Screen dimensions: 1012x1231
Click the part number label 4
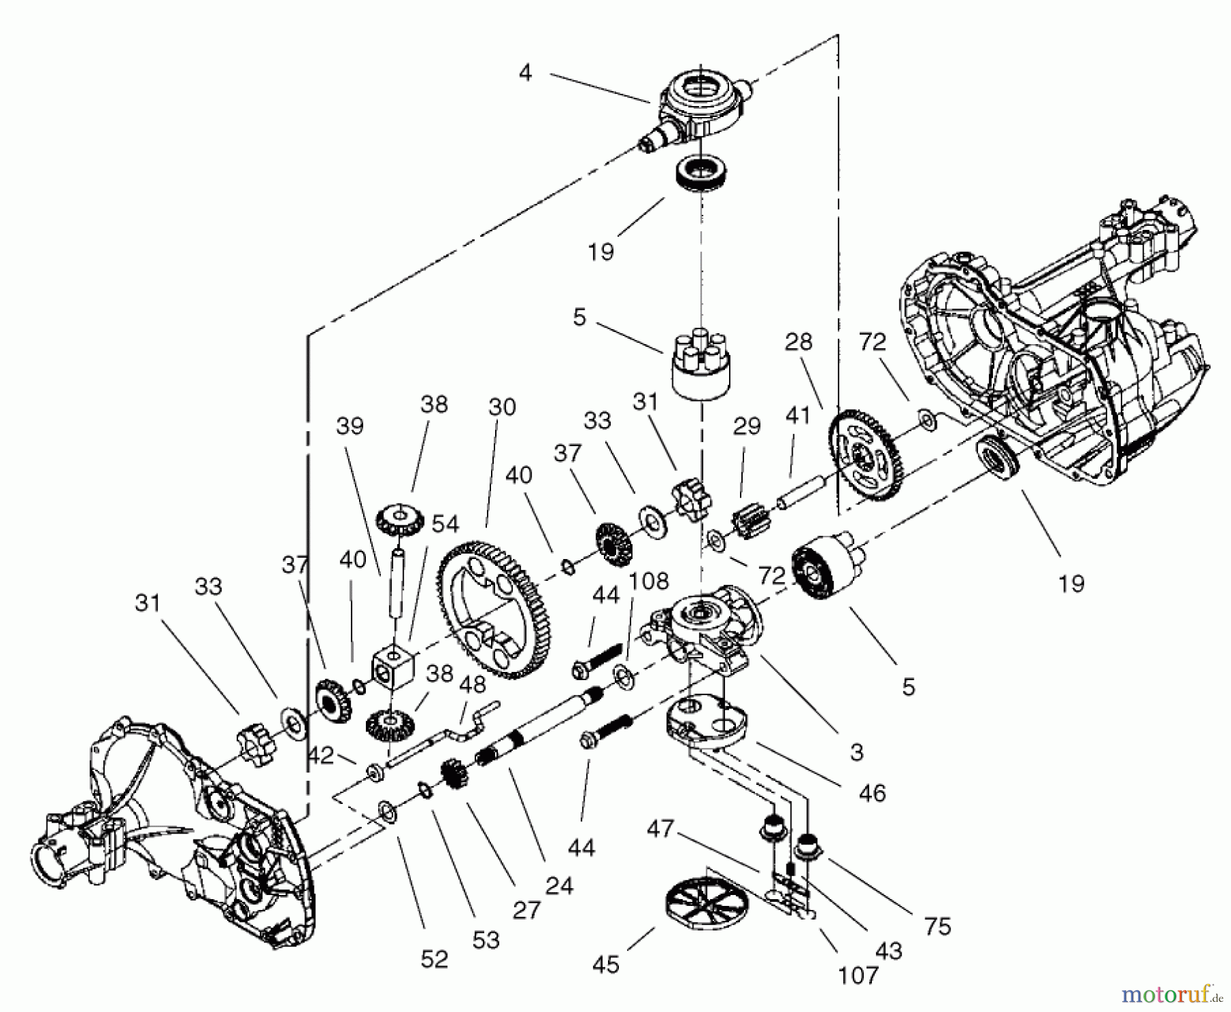[525, 73]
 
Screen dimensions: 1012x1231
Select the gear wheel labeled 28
[866, 455]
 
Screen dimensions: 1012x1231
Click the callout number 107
[858, 975]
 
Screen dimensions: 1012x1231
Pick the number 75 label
[938, 926]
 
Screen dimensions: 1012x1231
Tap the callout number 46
[872, 793]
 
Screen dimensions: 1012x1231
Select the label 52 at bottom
[434, 959]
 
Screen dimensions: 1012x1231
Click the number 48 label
[473, 684]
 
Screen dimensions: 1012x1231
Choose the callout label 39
[350, 426]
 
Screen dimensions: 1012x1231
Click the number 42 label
[320, 755]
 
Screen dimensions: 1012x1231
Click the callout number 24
[559, 885]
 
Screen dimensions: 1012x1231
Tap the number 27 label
[526, 910]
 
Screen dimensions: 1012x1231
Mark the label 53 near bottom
[486, 940]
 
